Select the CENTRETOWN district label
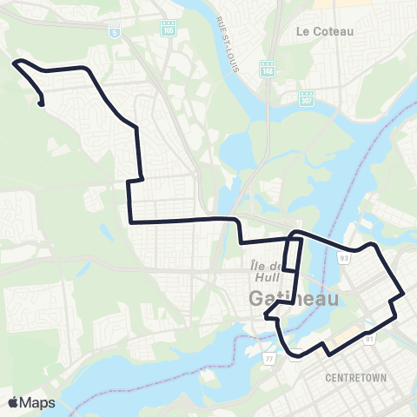pos(354,378)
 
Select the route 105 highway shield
pos(168,29)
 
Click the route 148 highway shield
pos(267,69)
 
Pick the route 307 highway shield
pos(307,97)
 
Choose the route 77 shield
pos(270,357)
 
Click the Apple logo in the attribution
pos(14,402)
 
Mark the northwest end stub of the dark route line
pos(41,105)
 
